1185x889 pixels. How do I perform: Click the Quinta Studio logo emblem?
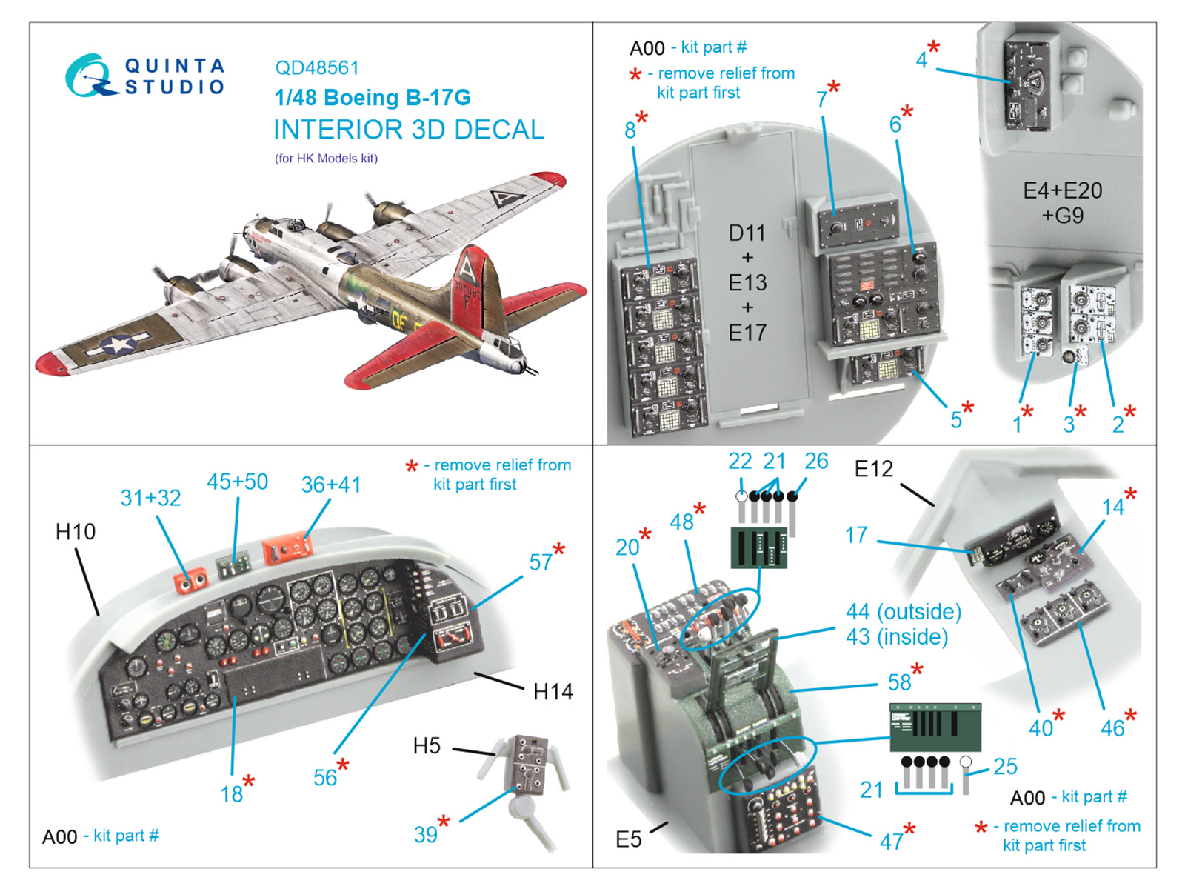pyautogui.click(x=91, y=76)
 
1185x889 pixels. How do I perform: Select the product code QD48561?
pyautogui.click(x=316, y=68)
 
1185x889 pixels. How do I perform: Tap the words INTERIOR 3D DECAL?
pyautogui.click(x=408, y=130)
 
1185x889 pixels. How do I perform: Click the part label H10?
pyautogui.click(x=75, y=532)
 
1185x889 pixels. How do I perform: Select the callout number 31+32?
pyautogui.click(x=150, y=498)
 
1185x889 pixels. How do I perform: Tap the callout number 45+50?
pyautogui.click(x=237, y=482)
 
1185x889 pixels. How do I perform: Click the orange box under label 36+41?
pyautogui.click(x=287, y=550)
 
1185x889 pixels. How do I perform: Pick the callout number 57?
pyautogui.click(x=541, y=562)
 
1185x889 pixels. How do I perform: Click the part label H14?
pyautogui.click(x=553, y=692)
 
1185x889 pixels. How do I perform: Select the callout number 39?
pyautogui.click(x=425, y=835)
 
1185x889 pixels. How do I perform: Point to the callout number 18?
pyautogui.click(x=231, y=794)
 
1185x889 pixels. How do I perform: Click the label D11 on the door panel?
pyautogui.click(x=747, y=233)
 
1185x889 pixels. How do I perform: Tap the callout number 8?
pyautogui.click(x=630, y=130)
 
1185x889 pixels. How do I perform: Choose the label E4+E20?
pyautogui.click(x=1062, y=190)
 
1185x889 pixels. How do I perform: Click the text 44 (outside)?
pyautogui.click(x=904, y=611)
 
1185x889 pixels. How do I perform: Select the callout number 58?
pyautogui.click(x=899, y=682)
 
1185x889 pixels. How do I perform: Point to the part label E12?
pyautogui.click(x=873, y=469)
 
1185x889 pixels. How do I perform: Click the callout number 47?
pyautogui.click(x=891, y=842)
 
